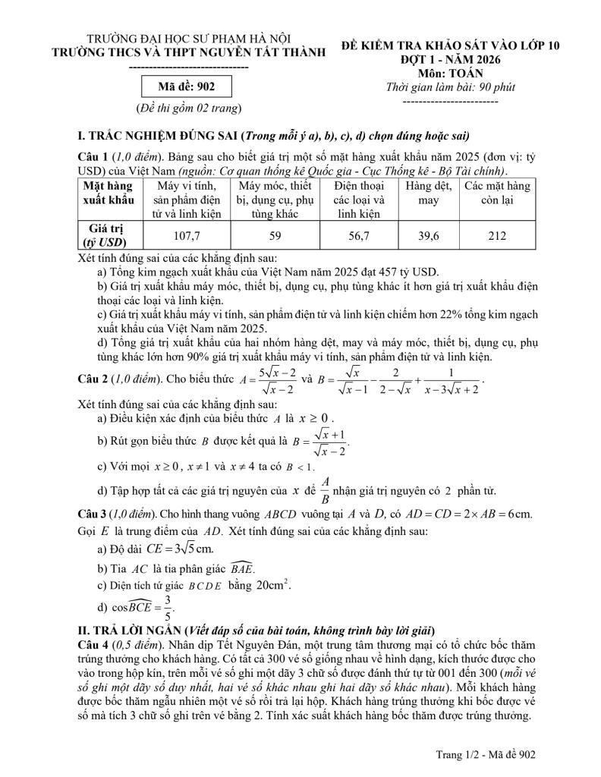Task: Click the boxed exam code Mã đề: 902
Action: point(187,87)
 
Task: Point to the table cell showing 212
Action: point(497,235)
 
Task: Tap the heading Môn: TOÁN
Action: point(450,73)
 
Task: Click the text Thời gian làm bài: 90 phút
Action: point(450,87)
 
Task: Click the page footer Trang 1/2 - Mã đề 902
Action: point(486,753)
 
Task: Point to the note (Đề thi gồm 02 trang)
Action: point(188,108)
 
